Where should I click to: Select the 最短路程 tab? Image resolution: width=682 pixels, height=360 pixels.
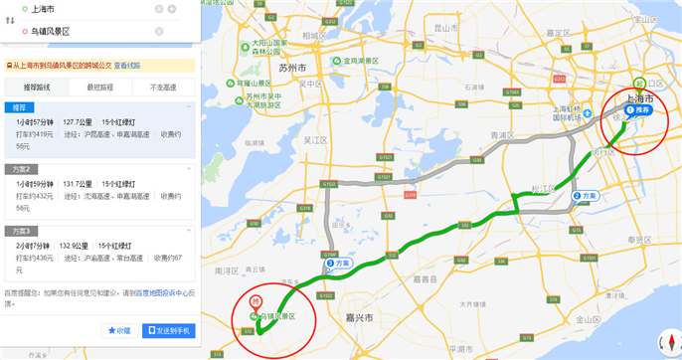[100, 88]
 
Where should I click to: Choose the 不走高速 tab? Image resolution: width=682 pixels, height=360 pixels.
[164, 88]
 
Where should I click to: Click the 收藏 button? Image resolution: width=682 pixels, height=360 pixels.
[119, 330]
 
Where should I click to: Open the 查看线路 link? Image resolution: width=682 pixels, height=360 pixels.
[126, 64]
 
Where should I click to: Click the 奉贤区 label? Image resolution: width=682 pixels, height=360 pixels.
[637, 241]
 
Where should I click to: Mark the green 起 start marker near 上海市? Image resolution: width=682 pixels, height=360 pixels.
[640, 83]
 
